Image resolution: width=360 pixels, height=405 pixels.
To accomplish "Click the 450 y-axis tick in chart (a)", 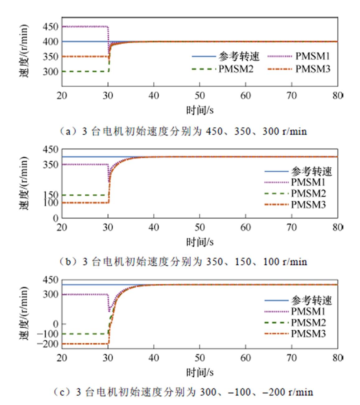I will tap(51, 27).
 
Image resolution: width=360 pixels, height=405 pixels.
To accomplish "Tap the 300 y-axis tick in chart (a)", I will tap(51, 72).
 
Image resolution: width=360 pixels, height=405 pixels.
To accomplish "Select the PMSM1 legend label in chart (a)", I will tap(312, 56).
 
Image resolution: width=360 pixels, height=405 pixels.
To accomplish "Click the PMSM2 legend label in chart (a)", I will tap(236, 69).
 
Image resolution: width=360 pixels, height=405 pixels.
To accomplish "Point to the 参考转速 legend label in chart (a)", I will tap(239, 56).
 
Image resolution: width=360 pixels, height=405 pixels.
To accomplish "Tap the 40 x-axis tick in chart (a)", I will tap(154, 95).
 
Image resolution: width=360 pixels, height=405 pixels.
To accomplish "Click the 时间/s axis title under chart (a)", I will tap(200, 110).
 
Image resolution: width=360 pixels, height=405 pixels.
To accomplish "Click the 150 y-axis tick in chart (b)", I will tap(51, 195).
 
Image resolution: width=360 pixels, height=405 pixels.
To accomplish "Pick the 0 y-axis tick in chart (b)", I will tap(56, 218).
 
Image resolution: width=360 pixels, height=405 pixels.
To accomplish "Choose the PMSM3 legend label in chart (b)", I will tap(308, 205).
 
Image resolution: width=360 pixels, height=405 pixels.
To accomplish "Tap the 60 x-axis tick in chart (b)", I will tap(245, 228).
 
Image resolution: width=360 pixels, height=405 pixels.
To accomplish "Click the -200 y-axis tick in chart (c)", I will tap(48, 344).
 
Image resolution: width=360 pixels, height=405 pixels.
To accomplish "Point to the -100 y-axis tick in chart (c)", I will tap(48, 334).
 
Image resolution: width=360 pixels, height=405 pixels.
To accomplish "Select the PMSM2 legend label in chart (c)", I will tap(308, 323).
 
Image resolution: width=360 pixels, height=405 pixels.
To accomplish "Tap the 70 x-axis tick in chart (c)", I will tap(292, 358).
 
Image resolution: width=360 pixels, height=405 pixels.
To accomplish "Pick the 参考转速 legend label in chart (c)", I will tap(311, 300).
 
